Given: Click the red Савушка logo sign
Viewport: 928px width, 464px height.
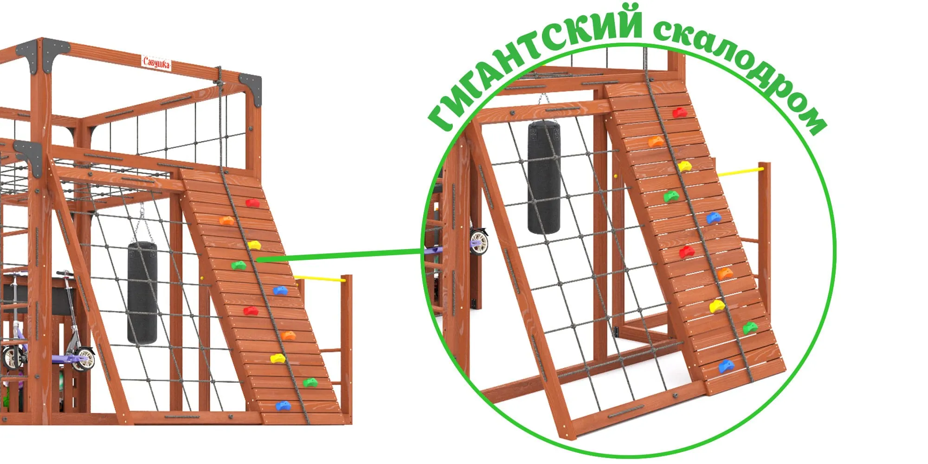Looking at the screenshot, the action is [156, 62].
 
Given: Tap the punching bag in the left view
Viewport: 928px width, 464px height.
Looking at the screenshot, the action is [142, 292].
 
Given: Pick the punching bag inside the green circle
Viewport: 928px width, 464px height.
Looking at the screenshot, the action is [544, 176].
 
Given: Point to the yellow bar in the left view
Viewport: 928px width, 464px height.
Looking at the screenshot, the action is [320, 278].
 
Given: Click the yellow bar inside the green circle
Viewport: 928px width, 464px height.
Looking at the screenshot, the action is [741, 172].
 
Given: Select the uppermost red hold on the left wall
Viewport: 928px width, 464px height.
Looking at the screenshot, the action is [252, 203].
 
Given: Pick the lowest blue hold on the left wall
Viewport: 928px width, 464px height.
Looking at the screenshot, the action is [283, 406].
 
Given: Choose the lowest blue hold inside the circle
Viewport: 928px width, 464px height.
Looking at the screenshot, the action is [727, 367].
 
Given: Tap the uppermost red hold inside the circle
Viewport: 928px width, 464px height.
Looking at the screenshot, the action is [680, 112].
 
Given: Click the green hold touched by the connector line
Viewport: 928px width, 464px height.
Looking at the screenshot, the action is [239, 265].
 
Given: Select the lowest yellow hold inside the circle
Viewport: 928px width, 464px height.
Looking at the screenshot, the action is [717, 306].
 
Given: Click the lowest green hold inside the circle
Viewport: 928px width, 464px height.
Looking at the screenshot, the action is [750, 328].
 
